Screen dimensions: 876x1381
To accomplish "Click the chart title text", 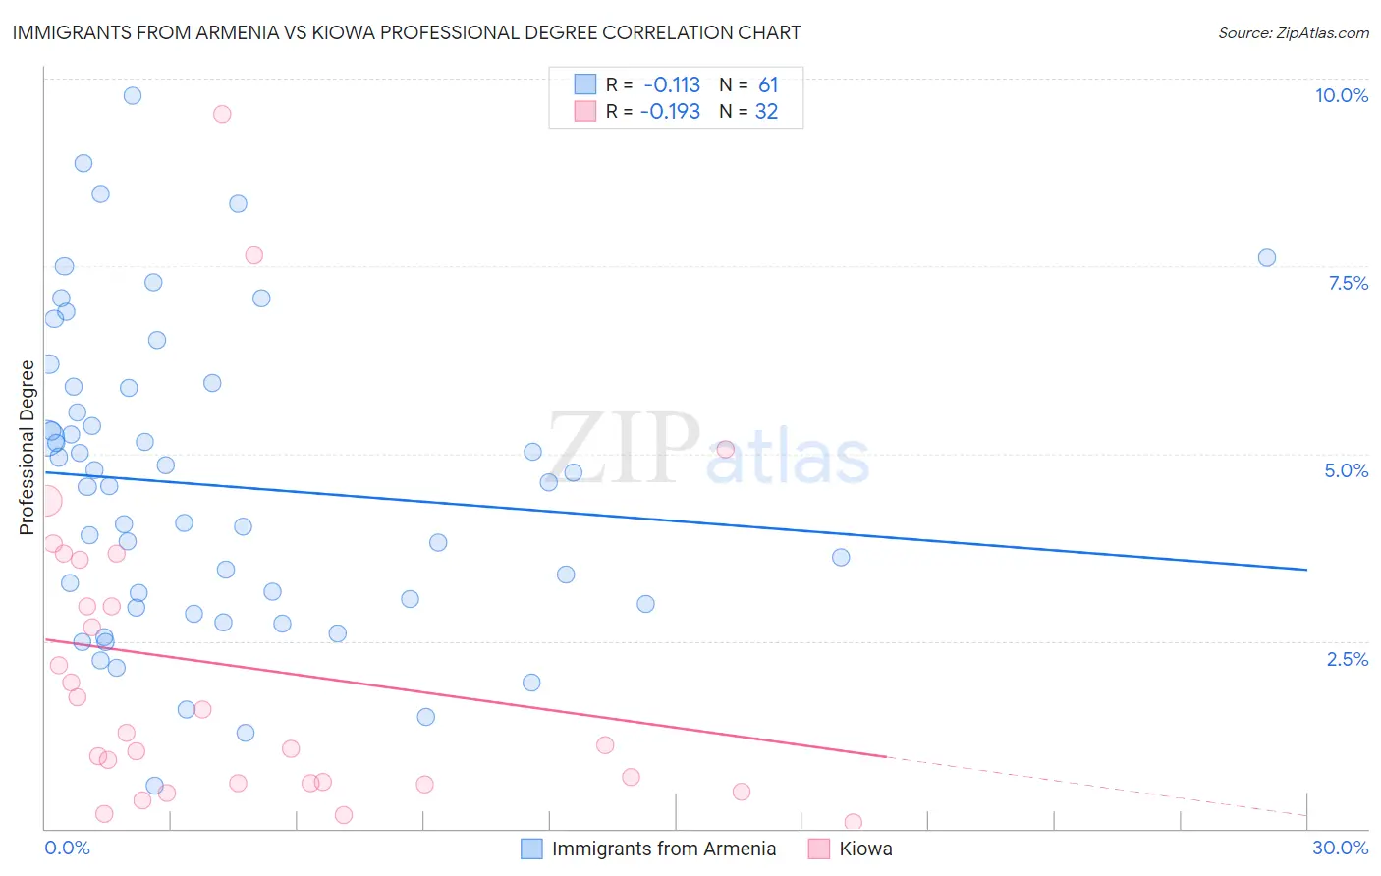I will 407,32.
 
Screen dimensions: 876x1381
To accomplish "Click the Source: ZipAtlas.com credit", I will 1293,32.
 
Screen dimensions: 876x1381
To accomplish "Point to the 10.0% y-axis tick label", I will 1341,95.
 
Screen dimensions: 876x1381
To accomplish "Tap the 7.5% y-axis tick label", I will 1348,283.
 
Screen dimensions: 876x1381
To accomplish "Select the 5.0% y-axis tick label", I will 1346,470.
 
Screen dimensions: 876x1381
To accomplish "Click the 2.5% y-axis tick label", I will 1347,659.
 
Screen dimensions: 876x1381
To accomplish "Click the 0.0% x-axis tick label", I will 67,848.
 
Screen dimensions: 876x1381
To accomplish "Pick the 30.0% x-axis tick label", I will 1340,848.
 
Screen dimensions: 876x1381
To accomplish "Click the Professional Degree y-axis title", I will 27,448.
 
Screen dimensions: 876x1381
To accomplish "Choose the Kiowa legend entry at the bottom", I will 864,849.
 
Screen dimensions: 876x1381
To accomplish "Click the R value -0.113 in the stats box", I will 672,85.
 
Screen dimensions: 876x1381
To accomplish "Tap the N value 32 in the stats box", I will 766,112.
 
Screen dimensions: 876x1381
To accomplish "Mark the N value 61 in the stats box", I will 767,85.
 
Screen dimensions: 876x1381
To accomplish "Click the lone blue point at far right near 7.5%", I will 1266,257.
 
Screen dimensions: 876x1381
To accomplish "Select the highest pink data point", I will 222,114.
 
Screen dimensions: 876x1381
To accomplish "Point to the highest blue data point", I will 133,95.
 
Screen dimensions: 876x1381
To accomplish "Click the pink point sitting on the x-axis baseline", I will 853,822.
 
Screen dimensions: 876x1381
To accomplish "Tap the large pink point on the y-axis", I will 46,500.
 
